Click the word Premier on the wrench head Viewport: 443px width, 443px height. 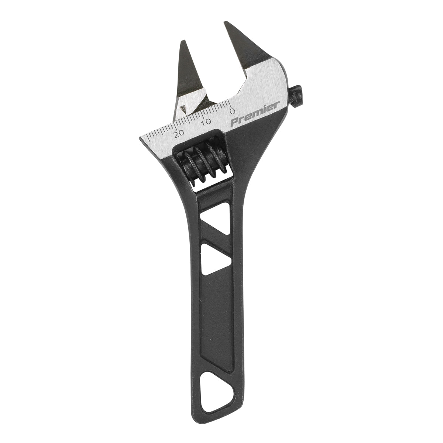[x=254, y=115]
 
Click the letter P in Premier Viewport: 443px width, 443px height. [x=234, y=122]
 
